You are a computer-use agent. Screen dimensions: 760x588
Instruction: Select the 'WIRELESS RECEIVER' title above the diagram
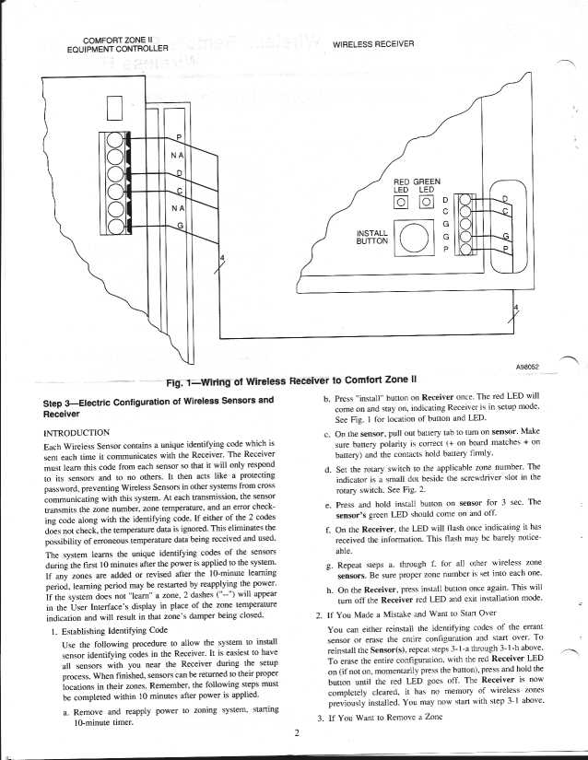click(x=372, y=44)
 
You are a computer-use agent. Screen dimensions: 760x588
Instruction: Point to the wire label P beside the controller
click(x=179, y=138)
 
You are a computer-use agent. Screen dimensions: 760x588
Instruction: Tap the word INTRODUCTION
click(x=77, y=431)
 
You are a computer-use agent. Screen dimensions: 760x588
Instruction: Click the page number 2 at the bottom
click(x=297, y=732)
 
